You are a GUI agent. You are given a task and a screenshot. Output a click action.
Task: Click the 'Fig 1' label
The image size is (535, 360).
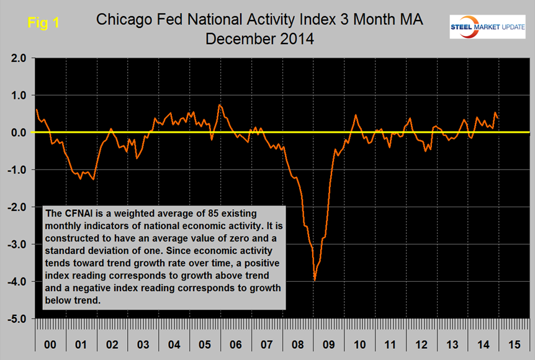[43, 23]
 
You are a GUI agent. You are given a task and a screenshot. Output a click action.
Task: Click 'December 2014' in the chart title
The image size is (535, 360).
[260, 38]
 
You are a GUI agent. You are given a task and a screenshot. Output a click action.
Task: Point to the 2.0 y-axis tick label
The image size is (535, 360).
[17, 58]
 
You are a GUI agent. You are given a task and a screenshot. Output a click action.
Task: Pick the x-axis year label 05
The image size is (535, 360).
[205, 343]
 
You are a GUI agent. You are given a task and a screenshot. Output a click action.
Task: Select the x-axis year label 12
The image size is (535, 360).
[421, 343]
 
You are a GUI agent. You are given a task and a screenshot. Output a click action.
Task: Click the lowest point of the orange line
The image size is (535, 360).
[315, 281]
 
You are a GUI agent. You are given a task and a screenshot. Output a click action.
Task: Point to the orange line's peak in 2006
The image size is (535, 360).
[219, 105]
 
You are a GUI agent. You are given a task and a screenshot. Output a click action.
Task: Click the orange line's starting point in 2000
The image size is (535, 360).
[37, 109]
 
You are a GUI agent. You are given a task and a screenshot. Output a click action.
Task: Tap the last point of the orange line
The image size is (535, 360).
[498, 118]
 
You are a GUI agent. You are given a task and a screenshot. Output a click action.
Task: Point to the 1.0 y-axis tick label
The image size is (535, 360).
[17, 96]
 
